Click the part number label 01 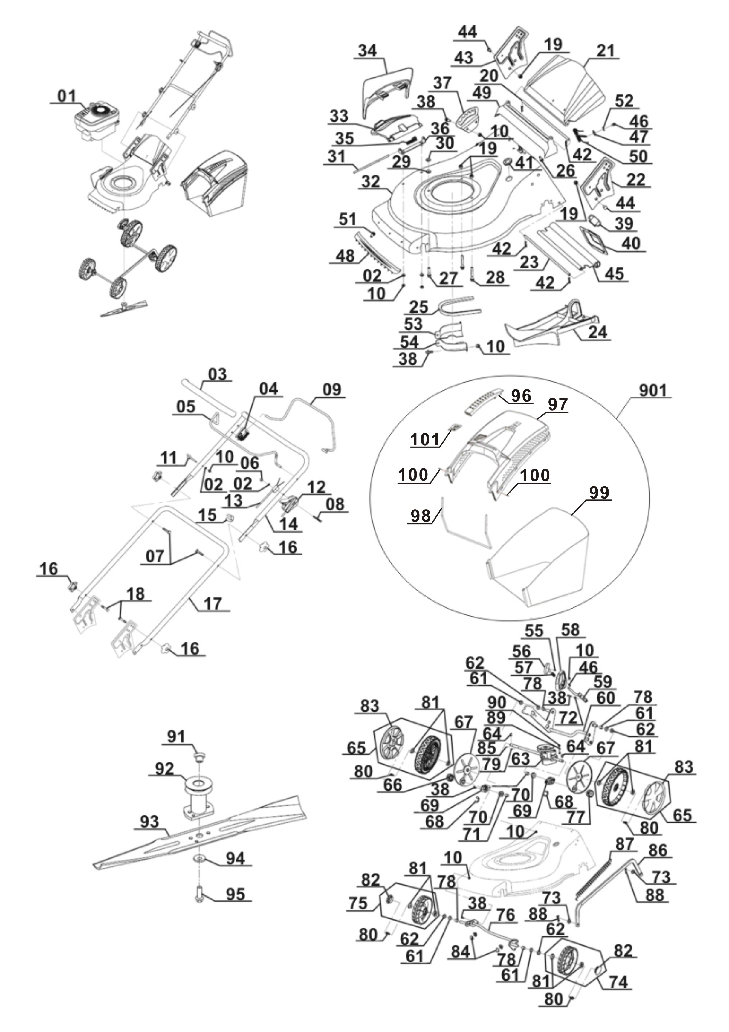(x=67, y=96)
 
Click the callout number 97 (x=557, y=405)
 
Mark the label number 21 (x=605, y=51)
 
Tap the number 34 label (x=367, y=51)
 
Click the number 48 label (x=345, y=256)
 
